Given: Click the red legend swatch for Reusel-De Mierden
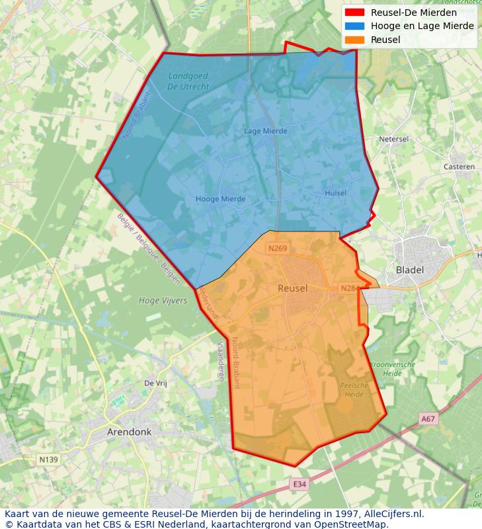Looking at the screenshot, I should click(354, 13).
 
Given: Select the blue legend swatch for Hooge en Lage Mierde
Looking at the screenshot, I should click(354, 26).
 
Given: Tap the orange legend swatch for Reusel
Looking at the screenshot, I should click(354, 40).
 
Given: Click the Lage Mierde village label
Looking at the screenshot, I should click(266, 131).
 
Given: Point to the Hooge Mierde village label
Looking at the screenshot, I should click(220, 199).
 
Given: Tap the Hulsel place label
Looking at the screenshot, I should click(336, 193).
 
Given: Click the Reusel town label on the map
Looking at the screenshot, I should click(292, 288).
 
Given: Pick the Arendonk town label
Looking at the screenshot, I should click(129, 432).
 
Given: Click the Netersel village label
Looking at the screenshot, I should click(395, 140).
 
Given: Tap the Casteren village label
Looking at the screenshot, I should click(460, 167).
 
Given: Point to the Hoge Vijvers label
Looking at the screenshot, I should click(163, 300).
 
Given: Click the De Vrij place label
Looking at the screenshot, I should click(155, 383).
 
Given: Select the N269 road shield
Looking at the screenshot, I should click(277, 249).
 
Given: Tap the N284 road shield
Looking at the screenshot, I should click(348, 288).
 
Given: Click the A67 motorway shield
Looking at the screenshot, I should click(428, 419).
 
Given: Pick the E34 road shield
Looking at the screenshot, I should click(300, 485).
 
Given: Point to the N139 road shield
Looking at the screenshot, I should click(48, 460).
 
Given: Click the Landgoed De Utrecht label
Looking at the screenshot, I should click(188, 81).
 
